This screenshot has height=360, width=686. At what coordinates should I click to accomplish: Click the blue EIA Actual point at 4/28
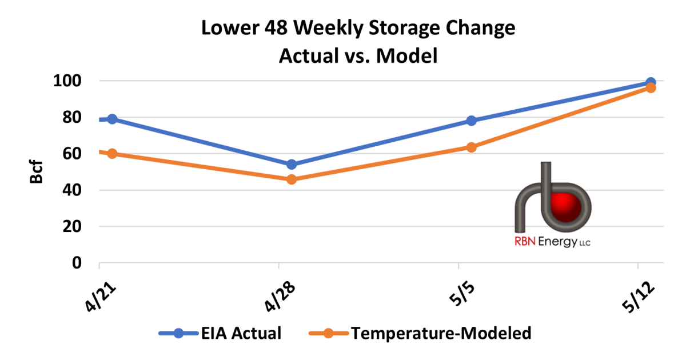pos(292,165)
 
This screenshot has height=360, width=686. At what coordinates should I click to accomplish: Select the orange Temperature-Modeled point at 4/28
pos(292,179)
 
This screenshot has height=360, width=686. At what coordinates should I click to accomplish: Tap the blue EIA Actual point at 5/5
pos(472,121)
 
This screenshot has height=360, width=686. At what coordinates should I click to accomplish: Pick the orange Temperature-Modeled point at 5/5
pos(472,147)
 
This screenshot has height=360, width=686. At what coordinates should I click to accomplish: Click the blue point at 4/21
pos(112,119)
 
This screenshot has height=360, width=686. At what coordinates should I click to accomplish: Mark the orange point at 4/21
pos(112,154)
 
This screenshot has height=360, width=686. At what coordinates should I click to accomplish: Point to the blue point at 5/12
pos(651,83)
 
